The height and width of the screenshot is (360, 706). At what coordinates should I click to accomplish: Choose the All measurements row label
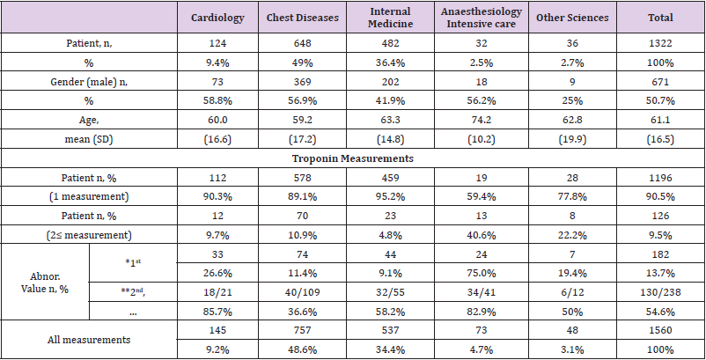[x=90, y=339]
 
